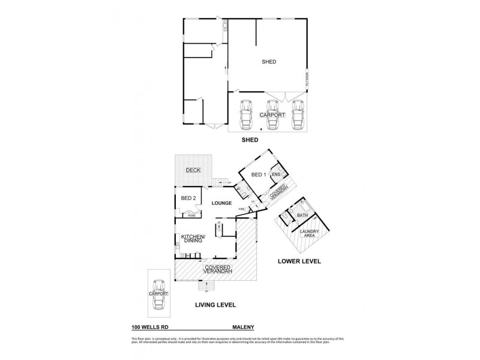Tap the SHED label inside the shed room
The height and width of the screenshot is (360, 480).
[268, 62]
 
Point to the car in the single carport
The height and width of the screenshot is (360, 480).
[158, 295]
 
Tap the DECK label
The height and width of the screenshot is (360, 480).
[193, 170]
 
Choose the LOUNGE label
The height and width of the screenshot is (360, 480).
[221, 203]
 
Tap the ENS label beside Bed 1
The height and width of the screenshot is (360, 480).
[276, 175]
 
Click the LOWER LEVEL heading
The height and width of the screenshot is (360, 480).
[299, 262]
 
